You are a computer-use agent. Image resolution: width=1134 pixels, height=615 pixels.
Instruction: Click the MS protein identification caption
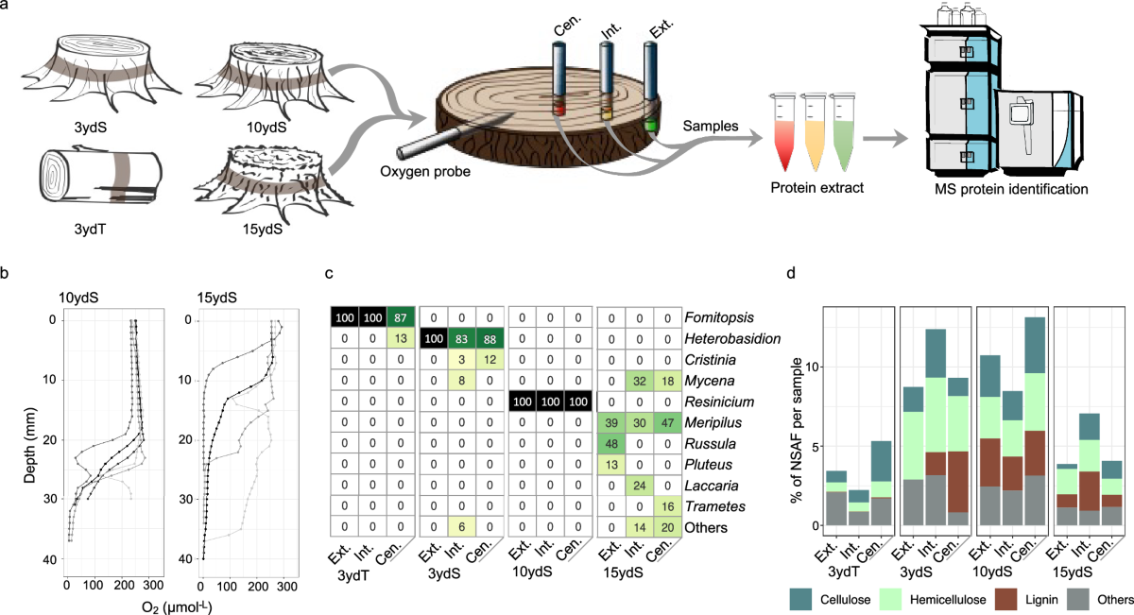(1006, 189)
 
